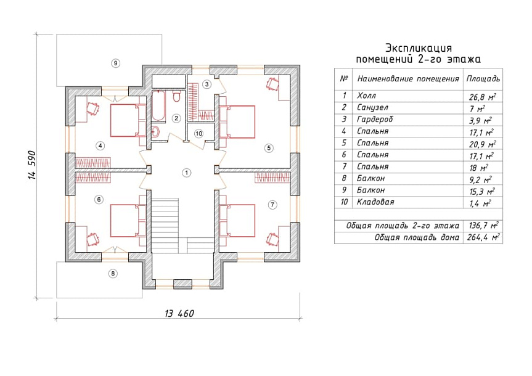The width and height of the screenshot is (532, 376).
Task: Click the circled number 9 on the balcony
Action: pyautogui.click(x=116, y=63)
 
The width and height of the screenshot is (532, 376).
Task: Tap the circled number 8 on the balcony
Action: pyautogui.click(x=113, y=274)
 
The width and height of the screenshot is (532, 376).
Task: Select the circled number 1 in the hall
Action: pyautogui.click(x=186, y=173)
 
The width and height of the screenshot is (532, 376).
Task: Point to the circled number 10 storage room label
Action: pyautogui.click(x=199, y=134)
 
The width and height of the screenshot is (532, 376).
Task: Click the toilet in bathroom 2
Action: pyautogui.click(x=176, y=96)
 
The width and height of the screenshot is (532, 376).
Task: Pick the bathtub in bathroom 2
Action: pyautogui.click(x=158, y=105)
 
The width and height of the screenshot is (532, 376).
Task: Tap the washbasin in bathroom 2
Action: pyautogui.click(x=155, y=132)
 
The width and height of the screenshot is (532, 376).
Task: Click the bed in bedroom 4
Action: pyautogui.click(x=128, y=120)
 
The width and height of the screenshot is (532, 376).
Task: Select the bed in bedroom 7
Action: pyautogui.click(x=237, y=221)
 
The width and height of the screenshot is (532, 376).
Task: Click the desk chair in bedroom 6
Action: pyautogui.click(x=92, y=239)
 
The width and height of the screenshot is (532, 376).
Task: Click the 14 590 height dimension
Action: pyautogui.click(x=32, y=165)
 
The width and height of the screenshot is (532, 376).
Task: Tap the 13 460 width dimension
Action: pyautogui.click(x=179, y=313)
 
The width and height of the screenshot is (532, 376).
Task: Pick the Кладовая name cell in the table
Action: pyautogui.click(x=407, y=202)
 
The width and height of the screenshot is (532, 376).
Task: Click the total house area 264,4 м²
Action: pyautogui.click(x=483, y=237)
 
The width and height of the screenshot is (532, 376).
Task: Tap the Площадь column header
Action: pyautogui.click(x=483, y=79)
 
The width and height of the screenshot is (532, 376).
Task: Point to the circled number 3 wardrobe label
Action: pyautogui.click(x=207, y=84)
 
